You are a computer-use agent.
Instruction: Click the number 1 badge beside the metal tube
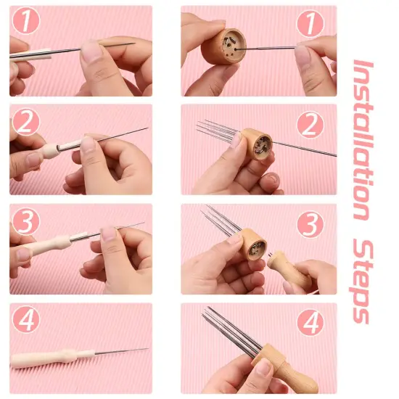click(26, 22)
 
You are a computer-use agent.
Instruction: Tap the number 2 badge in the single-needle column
click(26, 122)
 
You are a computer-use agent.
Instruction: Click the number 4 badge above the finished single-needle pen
click(26, 320)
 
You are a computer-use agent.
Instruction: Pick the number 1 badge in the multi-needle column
click(310, 22)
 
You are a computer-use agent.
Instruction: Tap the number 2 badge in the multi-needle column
click(310, 124)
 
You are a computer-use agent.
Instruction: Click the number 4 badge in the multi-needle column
click(310, 322)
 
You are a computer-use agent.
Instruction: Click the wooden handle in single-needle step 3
click(54, 247)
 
